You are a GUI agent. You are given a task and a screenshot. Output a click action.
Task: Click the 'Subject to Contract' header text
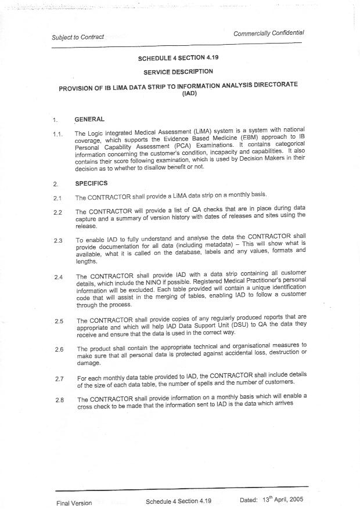78,37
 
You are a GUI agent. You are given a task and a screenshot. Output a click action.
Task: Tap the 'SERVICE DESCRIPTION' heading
178,72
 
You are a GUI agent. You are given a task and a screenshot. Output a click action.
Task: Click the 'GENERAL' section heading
89,119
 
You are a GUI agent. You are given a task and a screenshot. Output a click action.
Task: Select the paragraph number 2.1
57,198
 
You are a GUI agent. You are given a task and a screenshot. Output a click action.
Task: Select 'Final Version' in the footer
74,503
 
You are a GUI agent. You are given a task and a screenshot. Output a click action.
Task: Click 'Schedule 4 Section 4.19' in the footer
179,501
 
